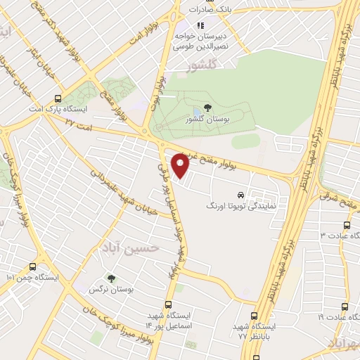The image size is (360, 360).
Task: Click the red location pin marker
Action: (x=181, y=166)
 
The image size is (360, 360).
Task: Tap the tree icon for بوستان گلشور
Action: (x=207, y=108)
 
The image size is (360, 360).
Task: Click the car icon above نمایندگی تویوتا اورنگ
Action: (x=240, y=195)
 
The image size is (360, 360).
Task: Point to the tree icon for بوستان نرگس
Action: (x=109, y=278)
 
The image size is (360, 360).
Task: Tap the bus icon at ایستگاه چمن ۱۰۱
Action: (x=32, y=267)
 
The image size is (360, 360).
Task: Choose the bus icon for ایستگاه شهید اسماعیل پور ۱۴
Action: (x=167, y=304)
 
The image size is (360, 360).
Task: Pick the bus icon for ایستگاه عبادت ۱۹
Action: (x=345, y=307)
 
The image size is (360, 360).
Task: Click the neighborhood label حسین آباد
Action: (x=147, y=247)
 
